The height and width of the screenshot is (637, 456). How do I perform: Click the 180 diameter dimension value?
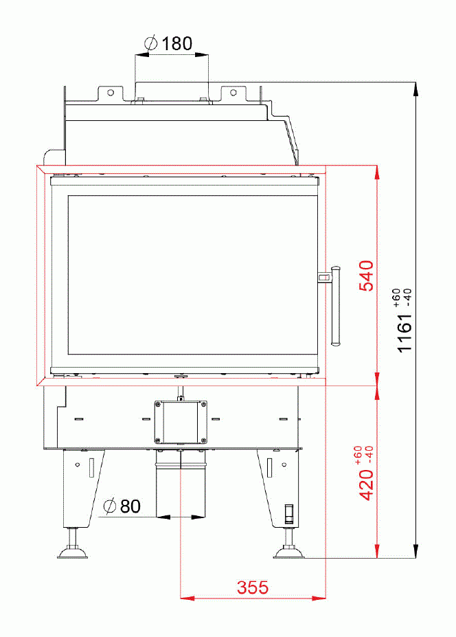(x=177, y=44)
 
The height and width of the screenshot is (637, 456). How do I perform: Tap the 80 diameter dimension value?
(x=130, y=506)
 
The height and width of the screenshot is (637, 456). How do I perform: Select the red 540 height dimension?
(x=367, y=276)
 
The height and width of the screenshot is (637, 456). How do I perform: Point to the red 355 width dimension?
(x=252, y=588)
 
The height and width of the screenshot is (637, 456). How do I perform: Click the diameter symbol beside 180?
(x=152, y=44)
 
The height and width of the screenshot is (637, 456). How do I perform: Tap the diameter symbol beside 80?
(x=109, y=507)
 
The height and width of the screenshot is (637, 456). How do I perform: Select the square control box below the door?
(x=181, y=421)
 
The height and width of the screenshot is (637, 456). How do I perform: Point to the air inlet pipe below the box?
(x=181, y=481)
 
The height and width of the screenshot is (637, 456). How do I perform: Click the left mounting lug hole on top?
(x=109, y=91)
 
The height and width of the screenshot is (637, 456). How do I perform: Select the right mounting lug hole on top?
(x=233, y=91)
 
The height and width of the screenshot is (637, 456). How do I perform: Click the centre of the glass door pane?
(x=192, y=275)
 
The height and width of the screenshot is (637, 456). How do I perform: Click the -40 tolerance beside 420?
(x=370, y=454)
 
